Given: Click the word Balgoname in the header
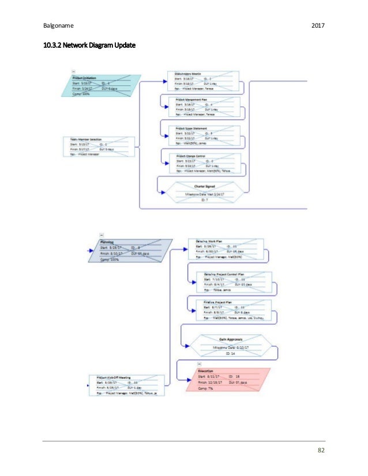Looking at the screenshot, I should (57, 25).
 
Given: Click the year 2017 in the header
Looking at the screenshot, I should (318, 25).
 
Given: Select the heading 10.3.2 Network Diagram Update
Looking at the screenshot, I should (89, 44).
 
